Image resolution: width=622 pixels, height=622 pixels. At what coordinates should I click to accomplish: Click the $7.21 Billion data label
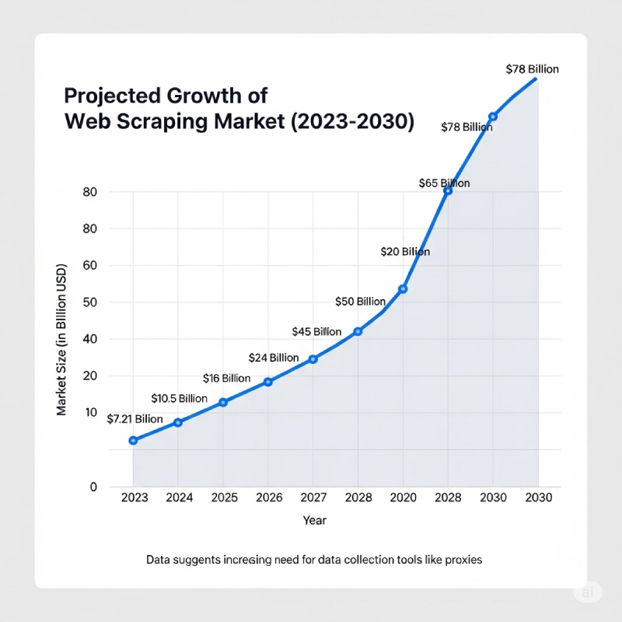135,419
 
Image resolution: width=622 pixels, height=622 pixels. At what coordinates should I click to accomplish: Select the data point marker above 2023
133,441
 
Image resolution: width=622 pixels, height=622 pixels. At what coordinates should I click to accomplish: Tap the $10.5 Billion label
179,399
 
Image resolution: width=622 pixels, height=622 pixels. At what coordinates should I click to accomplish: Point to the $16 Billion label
226,379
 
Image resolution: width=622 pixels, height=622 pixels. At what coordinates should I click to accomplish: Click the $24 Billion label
274,358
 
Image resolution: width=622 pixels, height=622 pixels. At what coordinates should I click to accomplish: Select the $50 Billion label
360,302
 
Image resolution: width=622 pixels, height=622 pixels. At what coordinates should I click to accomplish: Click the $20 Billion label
405,252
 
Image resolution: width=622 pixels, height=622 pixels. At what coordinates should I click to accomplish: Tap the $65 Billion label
444,183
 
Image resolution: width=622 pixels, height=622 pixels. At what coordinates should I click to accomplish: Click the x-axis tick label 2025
224,498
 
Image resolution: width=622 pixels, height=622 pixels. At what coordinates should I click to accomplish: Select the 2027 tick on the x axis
313,498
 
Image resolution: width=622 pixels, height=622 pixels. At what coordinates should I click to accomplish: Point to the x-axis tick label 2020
403,498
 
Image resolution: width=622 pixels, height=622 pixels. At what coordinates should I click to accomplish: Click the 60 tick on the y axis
89,266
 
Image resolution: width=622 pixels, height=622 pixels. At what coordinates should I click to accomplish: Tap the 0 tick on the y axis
93,487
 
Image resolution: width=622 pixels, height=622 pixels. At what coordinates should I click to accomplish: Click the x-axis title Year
315,520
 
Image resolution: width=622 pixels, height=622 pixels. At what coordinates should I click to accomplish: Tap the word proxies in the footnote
463,560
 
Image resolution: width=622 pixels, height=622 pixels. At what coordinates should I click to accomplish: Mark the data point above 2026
268,382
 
